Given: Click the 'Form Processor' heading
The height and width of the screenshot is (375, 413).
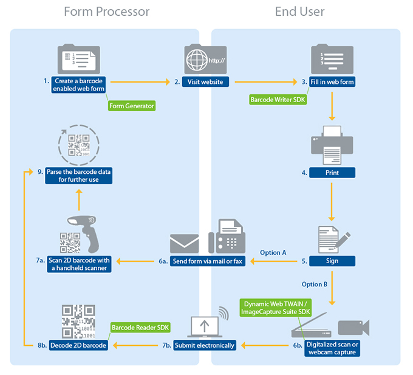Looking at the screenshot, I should (106, 12).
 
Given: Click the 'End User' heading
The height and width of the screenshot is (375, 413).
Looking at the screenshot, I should (299, 12).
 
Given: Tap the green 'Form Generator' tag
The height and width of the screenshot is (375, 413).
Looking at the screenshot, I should (132, 106).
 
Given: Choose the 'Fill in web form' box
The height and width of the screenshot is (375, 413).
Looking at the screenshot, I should (332, 81).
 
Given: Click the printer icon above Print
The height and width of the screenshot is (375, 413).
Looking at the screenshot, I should (332, 144).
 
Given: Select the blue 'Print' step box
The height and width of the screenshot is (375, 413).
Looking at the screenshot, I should (332, 173).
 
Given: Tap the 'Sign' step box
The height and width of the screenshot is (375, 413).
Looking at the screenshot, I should (332, 261).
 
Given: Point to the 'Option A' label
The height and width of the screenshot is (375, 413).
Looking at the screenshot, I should (273, 252).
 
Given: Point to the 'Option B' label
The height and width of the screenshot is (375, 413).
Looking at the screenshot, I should (315, 284).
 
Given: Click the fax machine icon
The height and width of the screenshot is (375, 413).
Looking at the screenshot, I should (227, 237).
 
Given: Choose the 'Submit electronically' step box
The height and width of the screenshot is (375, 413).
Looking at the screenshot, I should (205, 345).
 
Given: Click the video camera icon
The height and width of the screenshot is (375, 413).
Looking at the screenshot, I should (353, 328).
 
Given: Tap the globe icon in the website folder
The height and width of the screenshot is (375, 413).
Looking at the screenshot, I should (198, 61).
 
